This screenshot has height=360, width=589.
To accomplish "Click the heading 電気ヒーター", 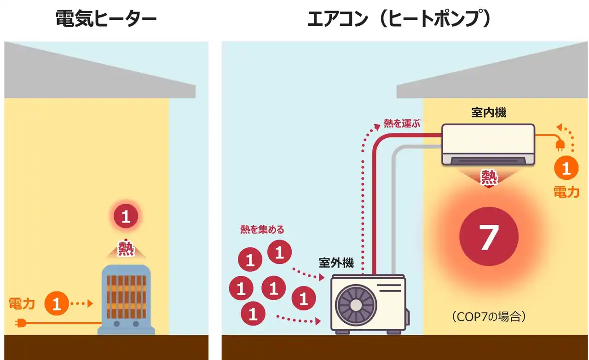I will click(x=106, y=20).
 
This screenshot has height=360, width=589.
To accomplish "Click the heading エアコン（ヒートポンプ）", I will click(x=399, y=20).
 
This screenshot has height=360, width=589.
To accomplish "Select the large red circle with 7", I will click(x=489, y=237).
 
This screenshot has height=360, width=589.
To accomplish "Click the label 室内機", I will click(x=488, y=113).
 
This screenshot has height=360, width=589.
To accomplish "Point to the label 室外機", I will click(x=336, y=263).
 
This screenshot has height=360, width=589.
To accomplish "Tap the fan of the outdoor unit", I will click(x=356, y=303).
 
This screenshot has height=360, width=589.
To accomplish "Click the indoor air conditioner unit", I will click(x=488, y=144).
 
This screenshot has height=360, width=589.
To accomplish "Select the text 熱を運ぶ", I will click(x=403, y=124).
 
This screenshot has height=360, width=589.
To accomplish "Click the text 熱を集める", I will click(x=262, y=229).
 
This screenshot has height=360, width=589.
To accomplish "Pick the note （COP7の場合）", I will click(x=488, y=317).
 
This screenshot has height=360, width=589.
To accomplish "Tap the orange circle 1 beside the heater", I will click(x=57, y=304).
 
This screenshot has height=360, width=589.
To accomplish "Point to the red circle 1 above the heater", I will click(x=126, y=217).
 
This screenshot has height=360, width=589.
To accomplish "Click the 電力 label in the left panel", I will click(x=22, y=303).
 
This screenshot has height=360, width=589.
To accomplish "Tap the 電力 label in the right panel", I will click(x=566, y=192).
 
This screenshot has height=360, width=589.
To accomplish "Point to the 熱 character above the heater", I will click(x=126, y=248).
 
